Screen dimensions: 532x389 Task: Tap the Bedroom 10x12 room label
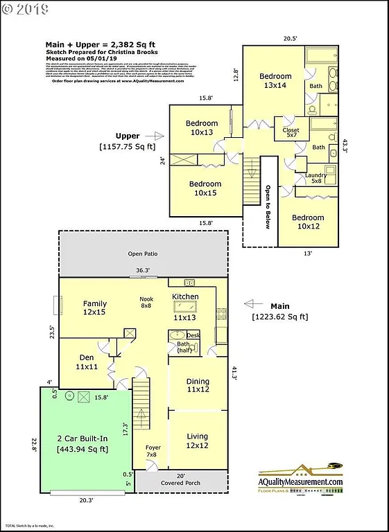(309, 221)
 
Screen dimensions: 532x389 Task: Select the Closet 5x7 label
(291, 132)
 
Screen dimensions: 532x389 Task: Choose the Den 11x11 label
(87, 362)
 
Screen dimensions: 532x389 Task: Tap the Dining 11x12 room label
(198, 386)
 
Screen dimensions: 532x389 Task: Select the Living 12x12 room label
(197, 441)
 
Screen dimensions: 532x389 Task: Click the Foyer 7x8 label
(153, 452)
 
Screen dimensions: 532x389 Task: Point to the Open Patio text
(143, 254)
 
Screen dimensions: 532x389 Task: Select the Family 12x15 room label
(94, 308)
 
